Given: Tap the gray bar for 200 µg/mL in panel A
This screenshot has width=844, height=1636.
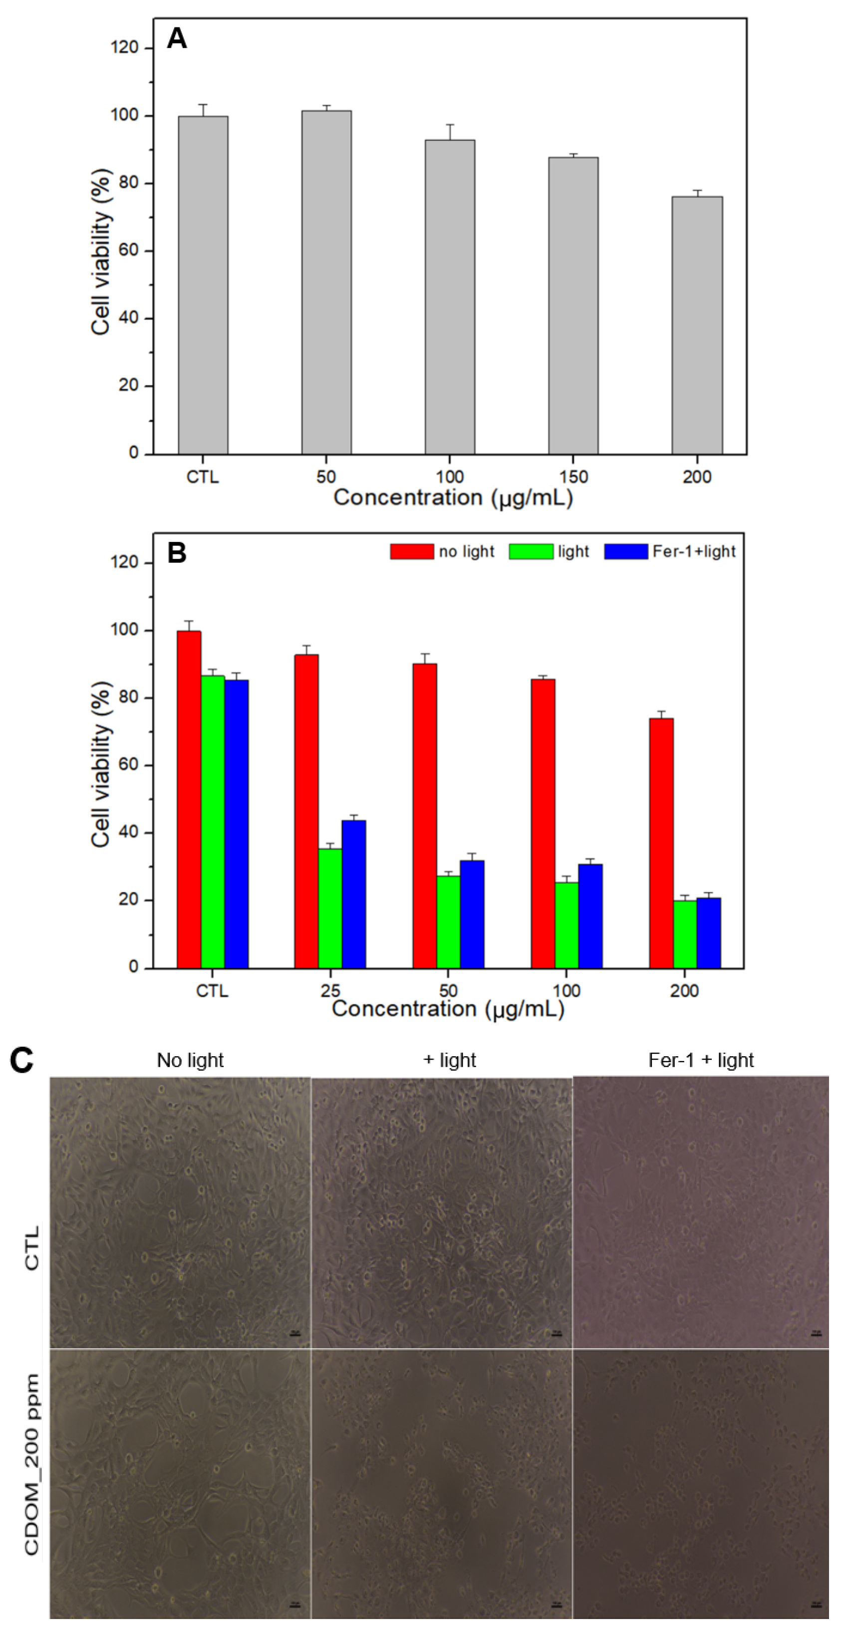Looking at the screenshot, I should (x=697, y=324).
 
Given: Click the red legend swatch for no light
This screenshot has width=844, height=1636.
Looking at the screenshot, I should (x=411, y=551).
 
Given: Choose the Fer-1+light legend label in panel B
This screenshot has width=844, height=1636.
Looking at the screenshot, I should (x=693, y=551).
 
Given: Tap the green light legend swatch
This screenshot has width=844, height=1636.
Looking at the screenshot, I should (x=530, y=551).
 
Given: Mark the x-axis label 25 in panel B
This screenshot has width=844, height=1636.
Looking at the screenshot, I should (x=330, y=991).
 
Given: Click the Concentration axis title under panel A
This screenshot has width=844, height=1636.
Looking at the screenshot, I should (x=453, y=497).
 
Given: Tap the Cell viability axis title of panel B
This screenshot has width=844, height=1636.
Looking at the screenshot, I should (x=100, y=765).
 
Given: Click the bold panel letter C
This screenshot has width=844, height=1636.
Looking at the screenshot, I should (x=22, y=1060).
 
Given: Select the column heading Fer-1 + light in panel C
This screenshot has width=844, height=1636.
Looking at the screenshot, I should (x=700, y=1060).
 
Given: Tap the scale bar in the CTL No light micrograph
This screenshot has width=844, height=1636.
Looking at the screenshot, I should (x=294, y=1334).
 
